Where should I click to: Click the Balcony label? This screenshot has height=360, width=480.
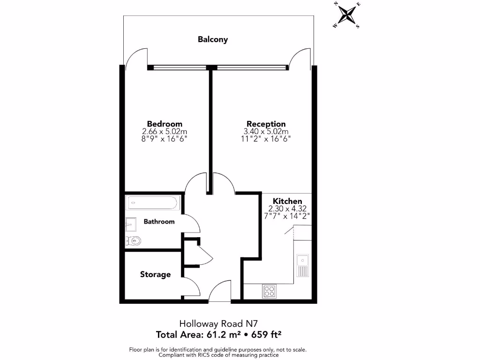213,39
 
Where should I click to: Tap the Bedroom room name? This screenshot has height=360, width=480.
165,124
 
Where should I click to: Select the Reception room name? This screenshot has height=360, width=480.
266,124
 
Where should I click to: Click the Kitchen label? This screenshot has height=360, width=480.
287,201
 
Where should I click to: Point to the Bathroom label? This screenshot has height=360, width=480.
159,221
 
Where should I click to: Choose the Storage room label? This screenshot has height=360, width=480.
155,274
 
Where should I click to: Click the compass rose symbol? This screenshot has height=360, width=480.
347,15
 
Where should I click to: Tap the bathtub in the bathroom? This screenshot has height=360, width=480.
152,203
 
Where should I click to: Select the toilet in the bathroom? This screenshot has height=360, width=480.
134,241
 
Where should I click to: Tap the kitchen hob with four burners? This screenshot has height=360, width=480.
269,291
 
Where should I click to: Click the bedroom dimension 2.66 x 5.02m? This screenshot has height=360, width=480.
165,132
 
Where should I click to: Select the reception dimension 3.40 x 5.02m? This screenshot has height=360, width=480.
266,132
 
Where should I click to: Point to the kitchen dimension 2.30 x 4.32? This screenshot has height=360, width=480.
287,209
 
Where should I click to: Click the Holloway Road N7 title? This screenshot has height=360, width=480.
218,323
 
